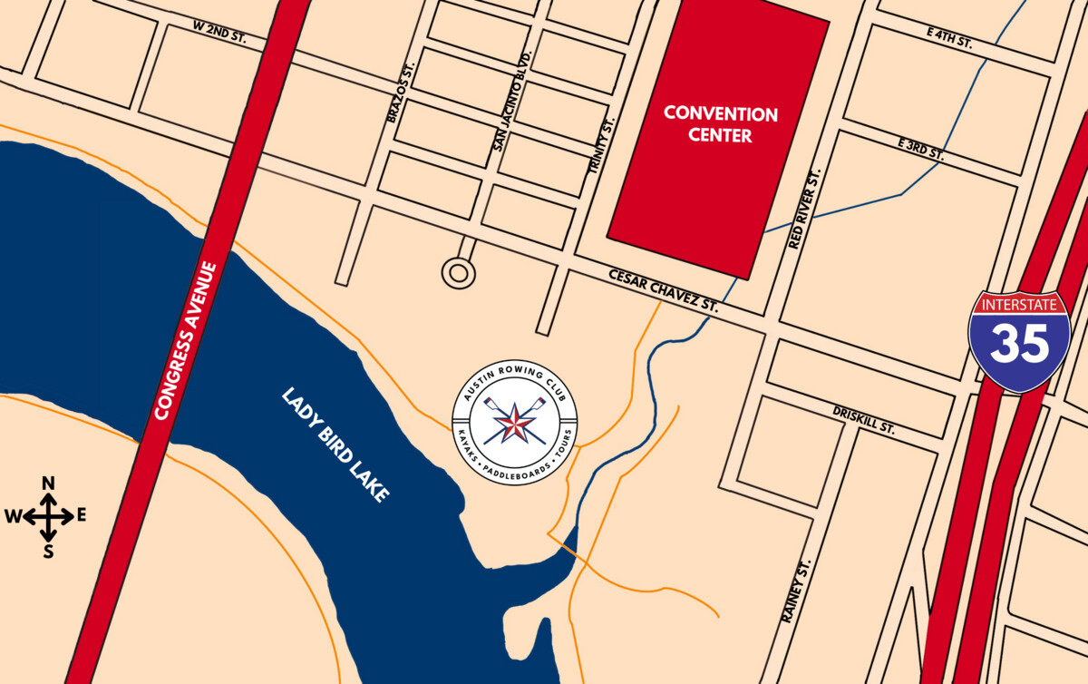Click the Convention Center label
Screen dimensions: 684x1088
tap(721, 125)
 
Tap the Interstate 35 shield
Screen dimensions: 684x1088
tap(1019, 340)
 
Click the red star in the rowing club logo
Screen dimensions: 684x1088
tap(514, 421)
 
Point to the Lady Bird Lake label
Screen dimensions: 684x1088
tap(335, 445)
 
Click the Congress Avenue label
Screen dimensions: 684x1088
tap(186, 340)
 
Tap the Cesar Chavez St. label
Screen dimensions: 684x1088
tap(663, 290)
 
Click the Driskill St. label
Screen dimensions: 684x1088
tap(863, 420)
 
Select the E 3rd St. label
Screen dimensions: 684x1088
tap(920, 149)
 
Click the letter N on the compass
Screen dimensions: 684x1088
tap(49, 484)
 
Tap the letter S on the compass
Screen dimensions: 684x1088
tap(49, 550)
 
